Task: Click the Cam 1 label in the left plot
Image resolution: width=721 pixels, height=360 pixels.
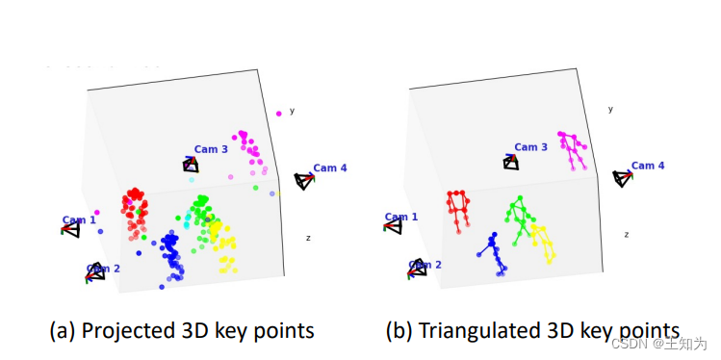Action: tap(79, 219)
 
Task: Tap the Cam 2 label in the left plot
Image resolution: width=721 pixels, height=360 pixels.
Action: tap(102, 268)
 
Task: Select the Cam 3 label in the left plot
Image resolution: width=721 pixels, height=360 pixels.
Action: tap(211, 149)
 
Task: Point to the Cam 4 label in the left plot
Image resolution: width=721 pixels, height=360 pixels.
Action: tap(330, 167)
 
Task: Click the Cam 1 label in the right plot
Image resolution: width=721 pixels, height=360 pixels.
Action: tap(400, 217)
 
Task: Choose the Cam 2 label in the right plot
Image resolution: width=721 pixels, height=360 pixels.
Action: tap(425, 264)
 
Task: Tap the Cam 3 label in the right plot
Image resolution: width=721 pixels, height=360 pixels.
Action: tap(531, 147)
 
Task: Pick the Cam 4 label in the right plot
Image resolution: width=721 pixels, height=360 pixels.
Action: tap(648, 166)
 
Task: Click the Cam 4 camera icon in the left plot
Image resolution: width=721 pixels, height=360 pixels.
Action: tap(304, 180)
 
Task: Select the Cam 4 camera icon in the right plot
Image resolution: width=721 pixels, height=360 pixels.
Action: tap(624, 178)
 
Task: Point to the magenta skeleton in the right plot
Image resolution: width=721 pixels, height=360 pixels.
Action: tap(573, 149)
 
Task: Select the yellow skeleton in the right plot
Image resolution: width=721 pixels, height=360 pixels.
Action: tap(543, 243)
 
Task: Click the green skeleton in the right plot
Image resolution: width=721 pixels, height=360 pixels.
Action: tap(521, 220)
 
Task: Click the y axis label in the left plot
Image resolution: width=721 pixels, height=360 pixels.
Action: tap(292, 111)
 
